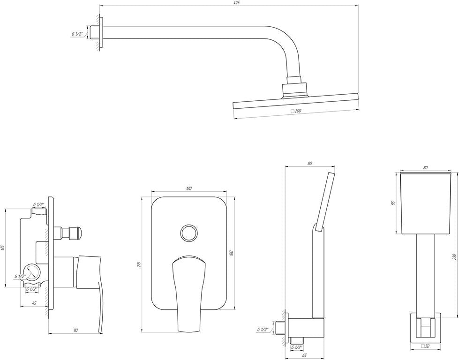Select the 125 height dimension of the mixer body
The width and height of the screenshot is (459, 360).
tap(3, 247)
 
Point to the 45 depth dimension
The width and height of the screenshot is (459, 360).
tap(34, 303)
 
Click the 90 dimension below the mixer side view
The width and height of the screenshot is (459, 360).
tap(75, 330)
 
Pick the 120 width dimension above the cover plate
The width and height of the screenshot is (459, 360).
tap(188, 188)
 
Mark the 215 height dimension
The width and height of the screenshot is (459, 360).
tap(139, 264)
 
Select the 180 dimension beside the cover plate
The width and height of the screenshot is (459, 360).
tap(232, 253)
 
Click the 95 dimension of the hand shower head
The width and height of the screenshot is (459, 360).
tap(394, 202)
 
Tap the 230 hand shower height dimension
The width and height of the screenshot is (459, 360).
tap(454, 257)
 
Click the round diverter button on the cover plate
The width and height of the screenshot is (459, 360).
tap(189, 233)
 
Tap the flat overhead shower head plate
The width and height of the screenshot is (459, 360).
tap(296, 102)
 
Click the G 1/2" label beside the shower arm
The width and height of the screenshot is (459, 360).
tap(77, 34)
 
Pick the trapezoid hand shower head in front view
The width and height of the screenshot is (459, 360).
tap(426, 204)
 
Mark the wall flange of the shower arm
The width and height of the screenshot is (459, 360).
tap(101, 32)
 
